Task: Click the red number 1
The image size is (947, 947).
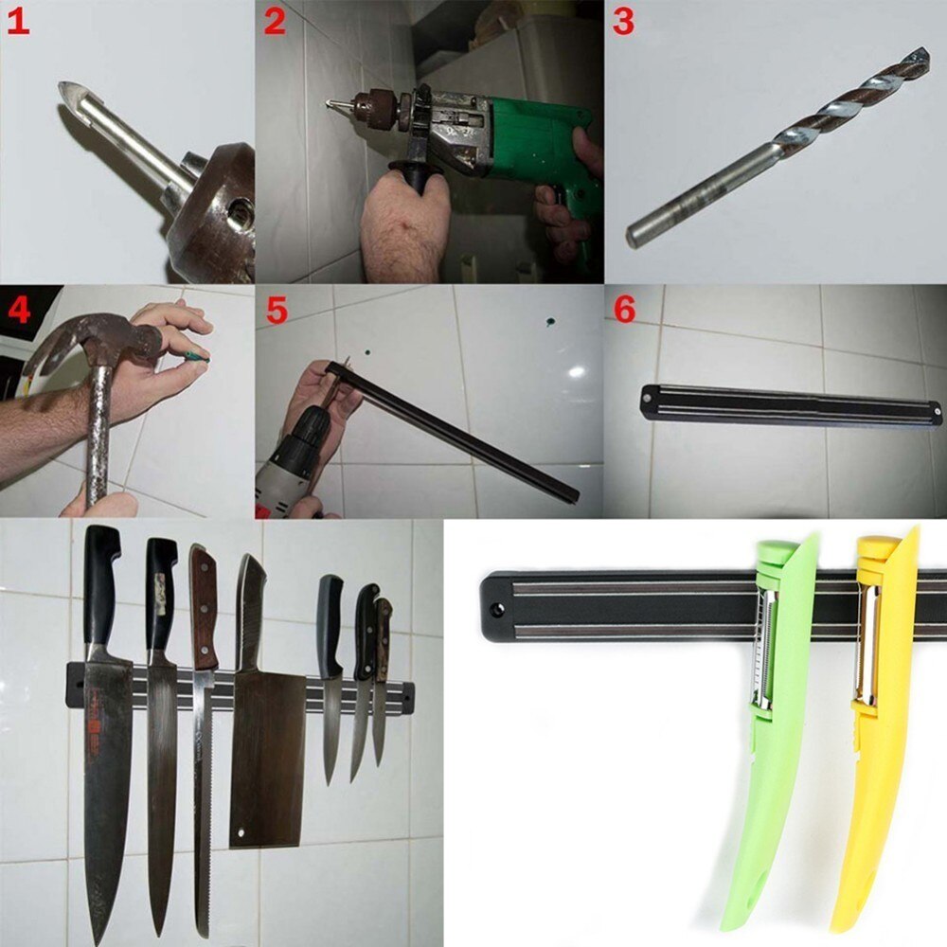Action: pyautogui.click(x=17, y=21)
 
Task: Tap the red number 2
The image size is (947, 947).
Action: pyautogui.click(x=275, y=21)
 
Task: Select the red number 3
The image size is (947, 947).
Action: pyautogui.click(x=623, y=21)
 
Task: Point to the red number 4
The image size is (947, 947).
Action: pyautogui.click(x=19, y=310)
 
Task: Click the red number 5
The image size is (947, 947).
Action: pyautogui.click(x=276, y=310)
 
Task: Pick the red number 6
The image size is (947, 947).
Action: pyautogui.click(x=624, y=310)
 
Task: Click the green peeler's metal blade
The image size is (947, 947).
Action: pyautogui.click(x=764, y=653)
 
